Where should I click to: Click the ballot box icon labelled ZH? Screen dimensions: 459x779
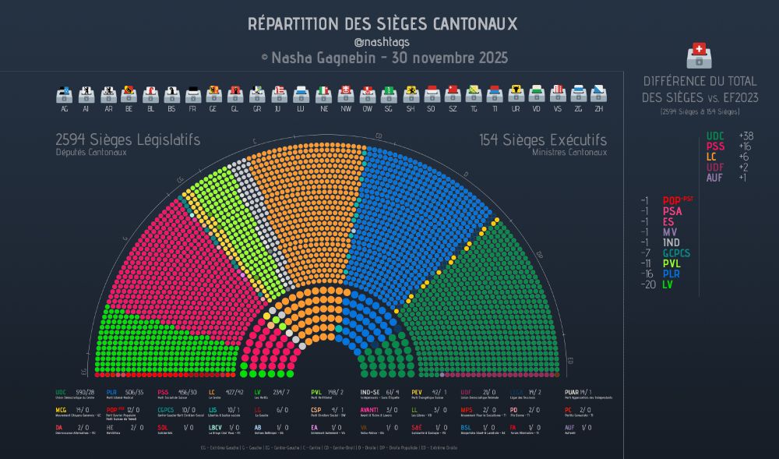point(599,94)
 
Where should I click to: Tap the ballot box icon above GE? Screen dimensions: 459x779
point(213,94)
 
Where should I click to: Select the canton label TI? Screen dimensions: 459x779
point(493,109)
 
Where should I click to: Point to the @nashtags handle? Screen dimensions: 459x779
point(382,42)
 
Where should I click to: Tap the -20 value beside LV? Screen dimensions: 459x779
point(644,285)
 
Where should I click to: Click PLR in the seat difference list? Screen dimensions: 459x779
point(673,274)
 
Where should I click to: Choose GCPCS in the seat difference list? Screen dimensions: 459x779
point(676,252)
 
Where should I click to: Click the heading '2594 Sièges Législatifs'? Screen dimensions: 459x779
point(128,140)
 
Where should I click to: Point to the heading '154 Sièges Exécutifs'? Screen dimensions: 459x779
point(543,140)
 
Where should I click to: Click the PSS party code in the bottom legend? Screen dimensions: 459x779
point(164,392)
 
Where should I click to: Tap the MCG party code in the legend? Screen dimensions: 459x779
point(62,410)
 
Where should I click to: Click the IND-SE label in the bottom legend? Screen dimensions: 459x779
point(371,392)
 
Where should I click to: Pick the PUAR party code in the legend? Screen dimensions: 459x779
point(571,392)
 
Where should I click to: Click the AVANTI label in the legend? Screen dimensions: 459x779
point(369,410)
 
